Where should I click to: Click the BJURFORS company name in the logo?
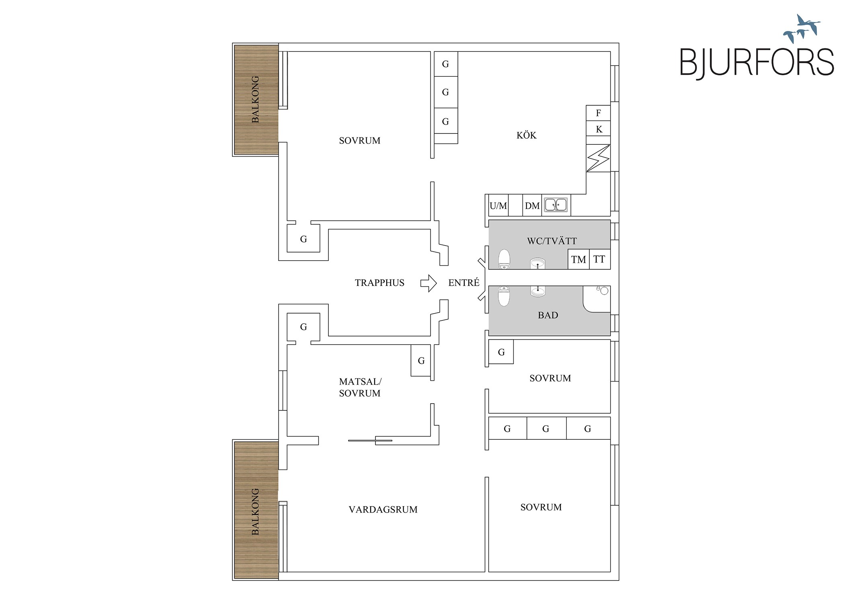point(757,62)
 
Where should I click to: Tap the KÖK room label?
point(526,135)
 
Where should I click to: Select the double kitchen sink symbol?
point(556,205)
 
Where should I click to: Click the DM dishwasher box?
point(532,205)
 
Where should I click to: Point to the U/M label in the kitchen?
point(498,206)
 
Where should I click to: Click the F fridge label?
point(598,113)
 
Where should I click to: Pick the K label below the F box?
point(599,129)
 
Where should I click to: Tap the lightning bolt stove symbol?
point(598,158)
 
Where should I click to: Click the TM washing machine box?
point(578,259)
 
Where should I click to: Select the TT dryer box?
point(600,259)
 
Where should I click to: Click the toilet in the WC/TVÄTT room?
point(504,259)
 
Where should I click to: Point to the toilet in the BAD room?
point(504,296)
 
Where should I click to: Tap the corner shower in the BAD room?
point(597,299)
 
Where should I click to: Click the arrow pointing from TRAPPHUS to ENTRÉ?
point(429,283)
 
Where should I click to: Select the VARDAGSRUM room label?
point(383,510)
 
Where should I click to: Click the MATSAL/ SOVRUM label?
point(360,388)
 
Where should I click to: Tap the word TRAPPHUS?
point(379,283)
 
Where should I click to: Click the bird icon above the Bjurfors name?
point(802,29)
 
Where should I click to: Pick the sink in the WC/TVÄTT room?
point(537,263)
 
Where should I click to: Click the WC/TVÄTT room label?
point(552,241)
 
